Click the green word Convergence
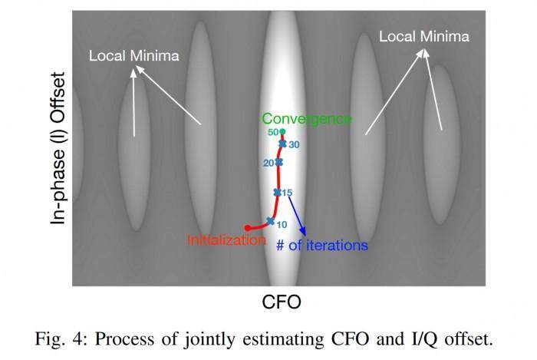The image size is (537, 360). (x=307, y=120)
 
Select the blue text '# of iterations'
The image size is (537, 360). (x=322, y=246)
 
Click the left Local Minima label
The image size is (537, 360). (x=134, y=56)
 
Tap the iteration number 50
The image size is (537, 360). (x=272, y=133)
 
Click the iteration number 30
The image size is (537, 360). (x=294, y=144)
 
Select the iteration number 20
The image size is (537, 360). (x=268, y=163)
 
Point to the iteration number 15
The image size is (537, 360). (x=288, y=193)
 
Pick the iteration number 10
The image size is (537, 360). (x=282, y=224)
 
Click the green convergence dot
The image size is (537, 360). (x=282, y=132)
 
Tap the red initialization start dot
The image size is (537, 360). (x=247, y=227)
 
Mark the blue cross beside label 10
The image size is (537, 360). (x=270, y=221)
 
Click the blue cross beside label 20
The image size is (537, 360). (x=278, y=162)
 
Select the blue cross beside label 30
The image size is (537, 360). (x=282, y=144)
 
